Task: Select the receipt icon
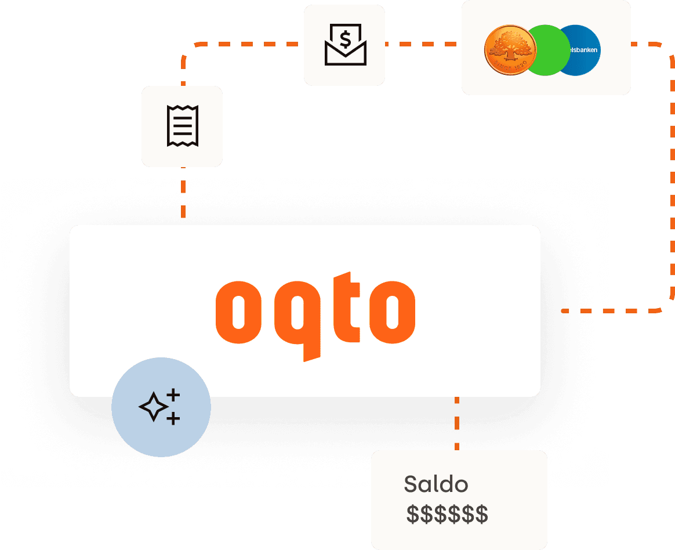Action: [x=182, y=126]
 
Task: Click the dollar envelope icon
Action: [x=344, y=45]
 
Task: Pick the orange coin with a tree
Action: [x=509, y=51]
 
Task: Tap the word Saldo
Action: [x=436, y=484]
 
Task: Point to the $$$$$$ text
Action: [x=447, y=514]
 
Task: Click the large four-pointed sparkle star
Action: [x=154, y=407]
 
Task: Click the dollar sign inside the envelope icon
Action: [x=345, y=39]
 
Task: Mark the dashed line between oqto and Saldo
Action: [x=457, y=424]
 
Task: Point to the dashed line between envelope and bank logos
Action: [x=423, y=44]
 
